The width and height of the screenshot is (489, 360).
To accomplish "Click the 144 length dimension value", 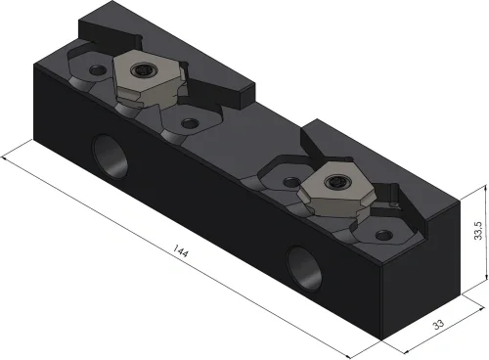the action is [x=180, y=250].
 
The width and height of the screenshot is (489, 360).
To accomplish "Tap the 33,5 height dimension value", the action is [x=478, y=231].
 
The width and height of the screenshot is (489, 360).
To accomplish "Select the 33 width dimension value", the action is [x=438, y=325].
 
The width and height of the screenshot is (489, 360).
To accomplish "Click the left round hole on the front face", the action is [x=111, y=157].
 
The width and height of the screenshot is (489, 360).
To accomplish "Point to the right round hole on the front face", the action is [x=304, y=268].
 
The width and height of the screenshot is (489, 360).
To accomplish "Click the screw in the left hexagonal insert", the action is [x=144, y=68].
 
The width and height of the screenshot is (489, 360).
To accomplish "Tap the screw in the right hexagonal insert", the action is [x=334, y=181].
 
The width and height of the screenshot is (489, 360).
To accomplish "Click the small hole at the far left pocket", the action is [x=98, y=69].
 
